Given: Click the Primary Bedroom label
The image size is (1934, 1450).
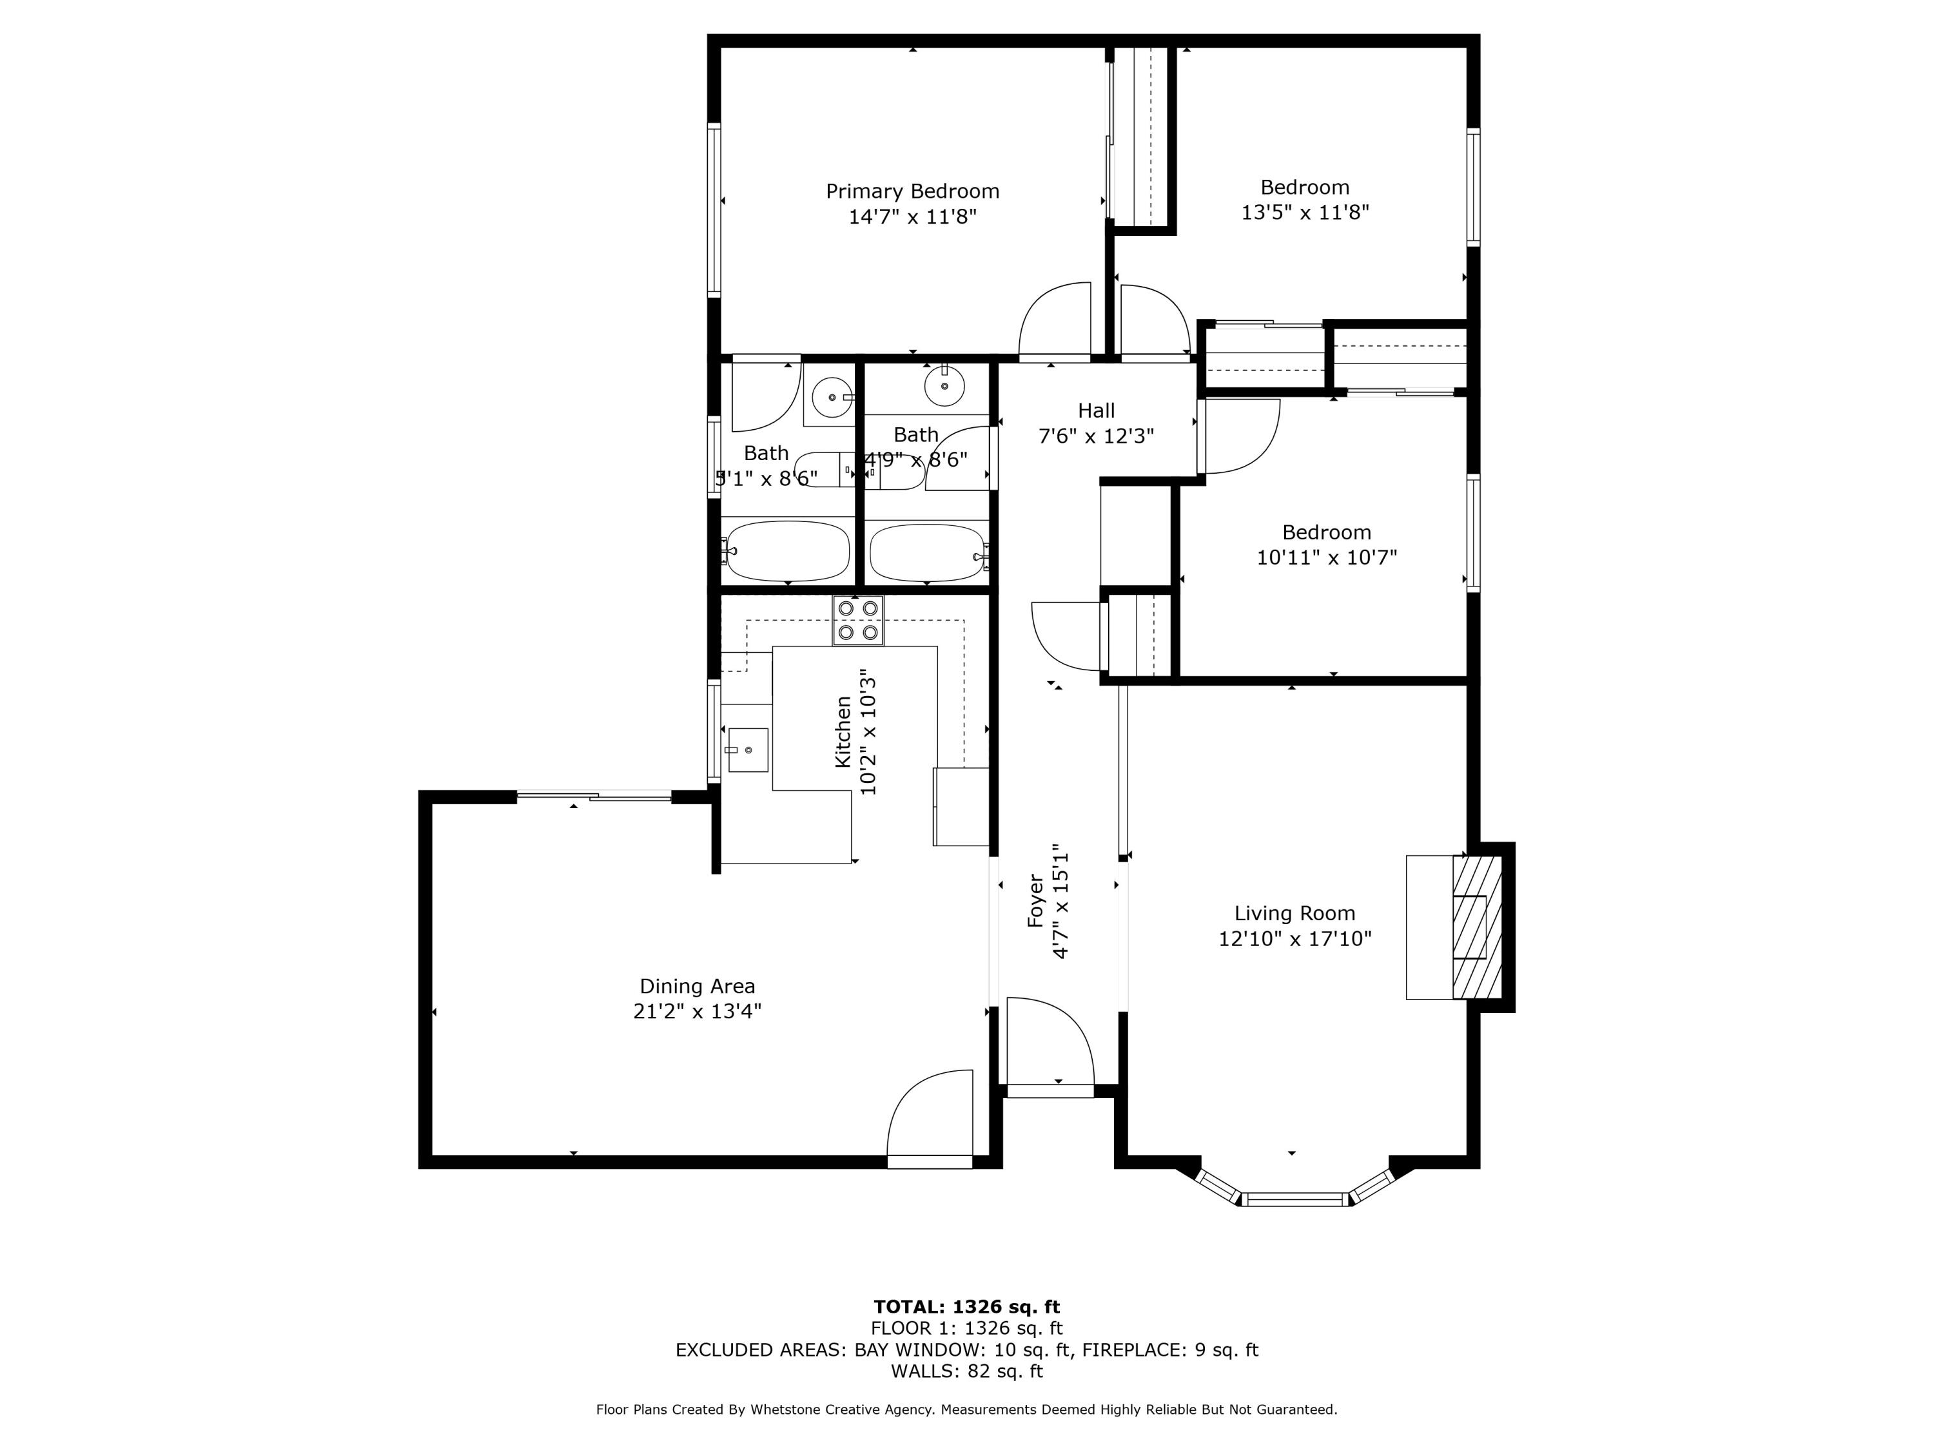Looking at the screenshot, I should click(912, 191).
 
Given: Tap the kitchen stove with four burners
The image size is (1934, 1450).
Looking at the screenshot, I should click(857, 620).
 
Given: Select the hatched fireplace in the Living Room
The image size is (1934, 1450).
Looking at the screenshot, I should click(1477, 927).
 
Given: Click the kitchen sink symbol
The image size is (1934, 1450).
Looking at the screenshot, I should click(748, 750).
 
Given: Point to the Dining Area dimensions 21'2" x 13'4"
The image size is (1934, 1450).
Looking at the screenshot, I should click(697, 1011).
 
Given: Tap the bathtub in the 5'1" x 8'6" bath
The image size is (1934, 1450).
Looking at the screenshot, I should click(787, 552).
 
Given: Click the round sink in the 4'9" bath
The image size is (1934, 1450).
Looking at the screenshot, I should click(944, 385).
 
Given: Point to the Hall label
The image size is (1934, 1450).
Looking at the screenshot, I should click(1095, 410).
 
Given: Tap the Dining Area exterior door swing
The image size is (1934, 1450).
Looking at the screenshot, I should click(930, 1114).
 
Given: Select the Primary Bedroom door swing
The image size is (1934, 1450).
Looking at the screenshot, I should click(1055, 320).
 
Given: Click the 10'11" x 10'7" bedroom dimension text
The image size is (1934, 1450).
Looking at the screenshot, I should click(1326, 557).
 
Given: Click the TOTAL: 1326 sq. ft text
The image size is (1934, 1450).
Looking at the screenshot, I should click(966, 1307).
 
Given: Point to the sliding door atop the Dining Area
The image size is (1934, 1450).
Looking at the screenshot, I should click(594, 795).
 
